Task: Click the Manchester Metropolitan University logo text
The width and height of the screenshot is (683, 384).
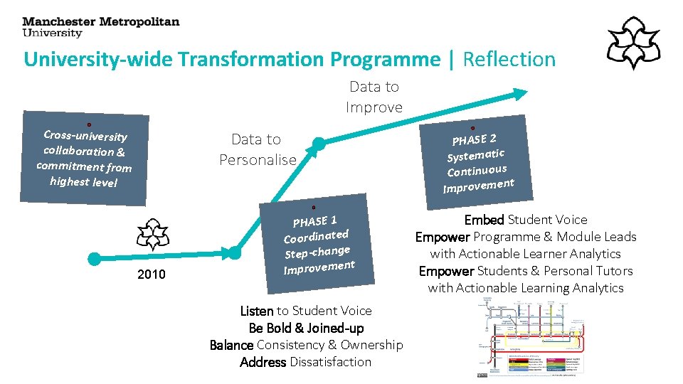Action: point(100,27)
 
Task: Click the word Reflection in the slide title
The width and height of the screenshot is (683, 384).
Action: point(509,59)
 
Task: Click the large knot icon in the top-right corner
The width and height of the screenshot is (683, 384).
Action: point(632,43)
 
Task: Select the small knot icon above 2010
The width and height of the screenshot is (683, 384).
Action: point(153,234)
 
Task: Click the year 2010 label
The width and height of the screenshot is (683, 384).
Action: point(150,274)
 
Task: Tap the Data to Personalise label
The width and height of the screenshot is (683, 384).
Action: point(257,149)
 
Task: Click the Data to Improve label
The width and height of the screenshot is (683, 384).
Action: point(374,97)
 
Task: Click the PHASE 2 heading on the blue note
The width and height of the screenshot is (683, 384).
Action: point(474,138)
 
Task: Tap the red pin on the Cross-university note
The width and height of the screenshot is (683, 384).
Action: point(89,124)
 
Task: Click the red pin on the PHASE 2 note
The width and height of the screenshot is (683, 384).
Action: point(473,128)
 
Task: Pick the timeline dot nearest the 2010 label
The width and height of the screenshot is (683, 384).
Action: point(93,257)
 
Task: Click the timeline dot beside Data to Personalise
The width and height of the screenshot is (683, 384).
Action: point(319,144)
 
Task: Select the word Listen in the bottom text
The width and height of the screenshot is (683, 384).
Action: point(257,311)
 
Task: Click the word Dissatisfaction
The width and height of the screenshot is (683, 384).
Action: point(330,362)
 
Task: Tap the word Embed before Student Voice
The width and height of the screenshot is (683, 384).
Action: point(484,220)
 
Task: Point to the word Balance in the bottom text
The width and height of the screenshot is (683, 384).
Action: point(231,345)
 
